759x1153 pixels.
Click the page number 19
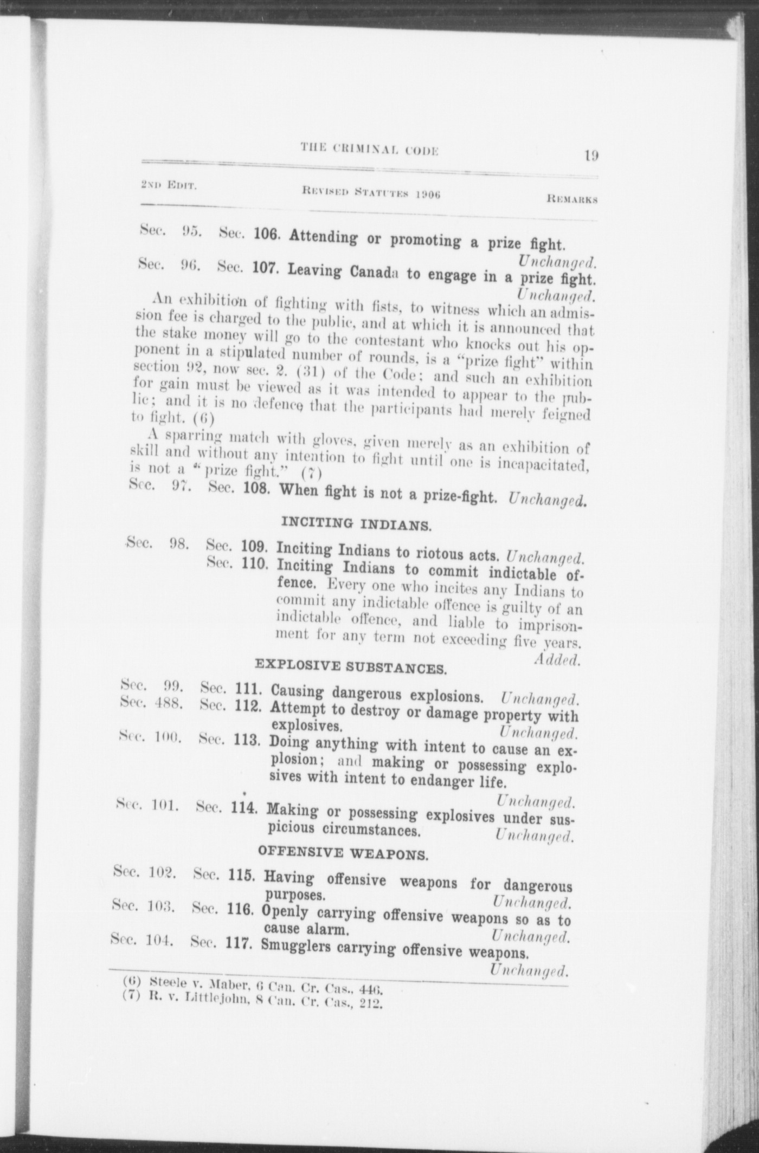pyautogui.click(x=591, y=156)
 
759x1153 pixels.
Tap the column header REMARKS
pyautogui.click(x=572, y=199)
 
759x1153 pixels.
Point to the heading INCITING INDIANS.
pyautogui.click(x=356, y=524)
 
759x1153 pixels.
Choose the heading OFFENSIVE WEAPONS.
pyautogui.click(x=343, y=853)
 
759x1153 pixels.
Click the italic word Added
pyautogui.click(x=557, y=660)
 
